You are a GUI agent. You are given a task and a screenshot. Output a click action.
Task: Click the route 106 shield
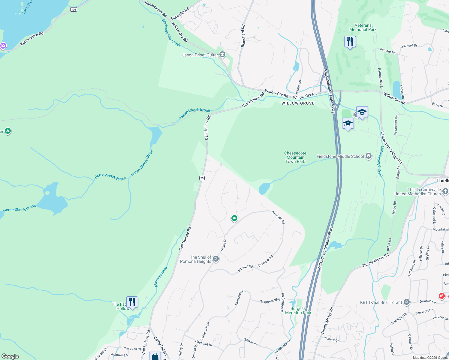(74, 10)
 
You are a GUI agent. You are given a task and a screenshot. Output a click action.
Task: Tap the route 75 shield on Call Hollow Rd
(202, 178)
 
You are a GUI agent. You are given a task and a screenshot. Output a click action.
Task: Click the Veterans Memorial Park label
(363, 28)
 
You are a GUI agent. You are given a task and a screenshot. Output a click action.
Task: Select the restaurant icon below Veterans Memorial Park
(350, 41)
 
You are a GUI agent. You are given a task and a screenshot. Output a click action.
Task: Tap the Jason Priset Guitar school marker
(222, 55)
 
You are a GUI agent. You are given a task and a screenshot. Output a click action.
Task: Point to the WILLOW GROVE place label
(298, 103)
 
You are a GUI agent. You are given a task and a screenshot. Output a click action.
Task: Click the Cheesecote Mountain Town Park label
(295, 157)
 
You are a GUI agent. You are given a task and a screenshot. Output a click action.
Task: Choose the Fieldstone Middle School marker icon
(369, 156)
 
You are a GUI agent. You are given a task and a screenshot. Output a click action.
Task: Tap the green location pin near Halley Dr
(234, 218)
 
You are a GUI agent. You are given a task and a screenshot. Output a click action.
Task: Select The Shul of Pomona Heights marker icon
(216, 259)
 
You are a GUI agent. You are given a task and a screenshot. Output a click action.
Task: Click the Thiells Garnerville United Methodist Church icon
(445, 191)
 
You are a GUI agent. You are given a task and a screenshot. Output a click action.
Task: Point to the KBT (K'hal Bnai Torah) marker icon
(407, 302)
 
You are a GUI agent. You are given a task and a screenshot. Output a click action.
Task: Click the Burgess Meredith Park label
(298, 310)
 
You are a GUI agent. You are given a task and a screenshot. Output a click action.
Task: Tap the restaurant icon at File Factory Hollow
(132, 301)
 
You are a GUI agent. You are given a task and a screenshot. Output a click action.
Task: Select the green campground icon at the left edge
(8, 131)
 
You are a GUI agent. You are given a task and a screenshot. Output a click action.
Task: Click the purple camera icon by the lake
(3, 46)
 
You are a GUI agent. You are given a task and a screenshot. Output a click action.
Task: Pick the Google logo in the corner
(10, 356)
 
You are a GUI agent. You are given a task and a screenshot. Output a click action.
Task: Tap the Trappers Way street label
(270, 300)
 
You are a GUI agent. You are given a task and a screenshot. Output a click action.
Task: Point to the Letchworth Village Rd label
(391, 148)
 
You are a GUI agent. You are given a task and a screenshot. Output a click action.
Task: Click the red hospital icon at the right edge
(442, 296)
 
